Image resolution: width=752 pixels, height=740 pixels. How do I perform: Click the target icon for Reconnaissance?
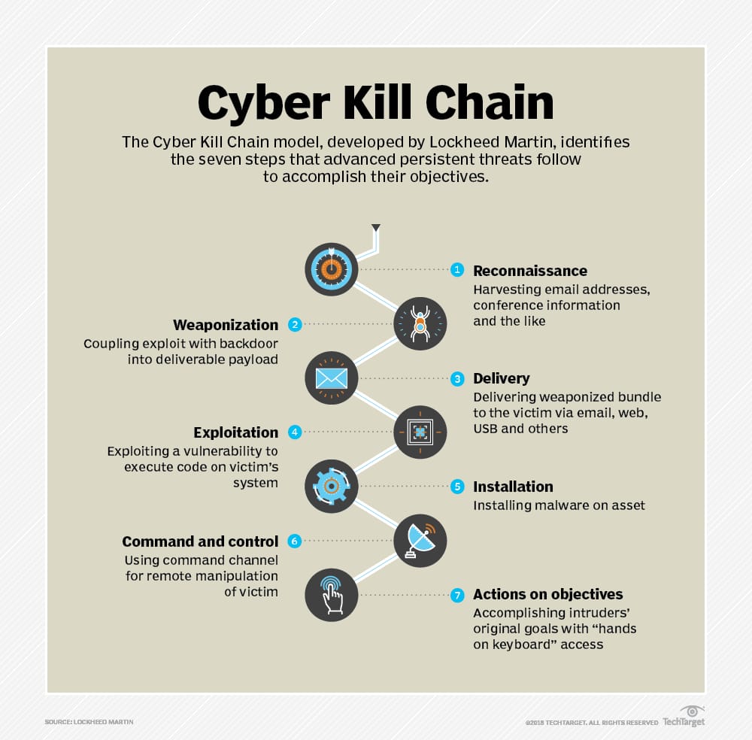(332, 269)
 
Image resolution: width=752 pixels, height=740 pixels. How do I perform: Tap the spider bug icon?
(420, 323)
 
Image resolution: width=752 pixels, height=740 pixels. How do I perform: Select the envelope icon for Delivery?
(332, 378)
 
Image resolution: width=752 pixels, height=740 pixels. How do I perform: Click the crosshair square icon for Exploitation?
(420, 432)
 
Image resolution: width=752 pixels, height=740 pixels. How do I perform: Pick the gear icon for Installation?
(332, 487)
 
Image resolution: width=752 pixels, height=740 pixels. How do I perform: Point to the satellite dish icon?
(420, 541)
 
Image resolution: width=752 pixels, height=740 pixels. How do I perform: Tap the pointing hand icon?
(332, 595)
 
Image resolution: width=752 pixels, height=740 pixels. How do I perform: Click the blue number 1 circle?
(457, 269)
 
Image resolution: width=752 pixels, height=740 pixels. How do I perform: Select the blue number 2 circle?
(295, 325)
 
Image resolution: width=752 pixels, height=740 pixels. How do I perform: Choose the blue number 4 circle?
(295, 432)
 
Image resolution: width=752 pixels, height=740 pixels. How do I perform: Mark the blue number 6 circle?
(295, 541)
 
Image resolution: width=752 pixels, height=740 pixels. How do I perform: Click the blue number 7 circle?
(457, 595)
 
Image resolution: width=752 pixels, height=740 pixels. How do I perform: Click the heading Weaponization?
(226, 325)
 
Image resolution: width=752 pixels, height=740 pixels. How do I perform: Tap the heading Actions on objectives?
(547, 595)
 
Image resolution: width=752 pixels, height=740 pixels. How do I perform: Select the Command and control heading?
(200, 541)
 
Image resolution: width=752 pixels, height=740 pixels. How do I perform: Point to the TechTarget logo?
(684, 717)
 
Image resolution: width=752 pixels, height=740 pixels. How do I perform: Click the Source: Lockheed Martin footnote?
(89, 722)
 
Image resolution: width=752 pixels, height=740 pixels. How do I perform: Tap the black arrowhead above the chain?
(376, 228)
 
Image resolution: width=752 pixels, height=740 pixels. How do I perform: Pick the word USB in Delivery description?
(485, 429)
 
